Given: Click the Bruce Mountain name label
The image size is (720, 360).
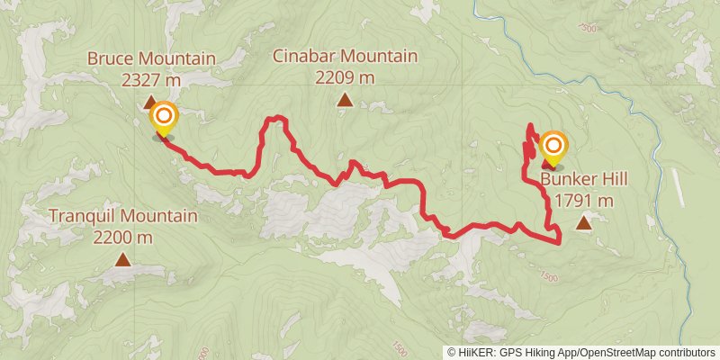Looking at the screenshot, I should (x=151, y=59).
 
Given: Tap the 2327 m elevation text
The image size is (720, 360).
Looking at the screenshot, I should (x=151, y=79).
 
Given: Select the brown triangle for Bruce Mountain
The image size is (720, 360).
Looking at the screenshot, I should (x=151, y=102).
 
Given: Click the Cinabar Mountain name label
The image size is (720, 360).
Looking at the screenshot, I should (x=346, y=57).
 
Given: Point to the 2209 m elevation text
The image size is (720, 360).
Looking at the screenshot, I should (x=346, y=77).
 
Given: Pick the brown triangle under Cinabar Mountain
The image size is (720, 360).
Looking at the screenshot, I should (x=345, y=100).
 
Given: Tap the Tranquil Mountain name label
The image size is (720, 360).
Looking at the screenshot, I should (x=122, y=217).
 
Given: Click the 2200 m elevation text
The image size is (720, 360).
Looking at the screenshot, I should (x=122, y=238).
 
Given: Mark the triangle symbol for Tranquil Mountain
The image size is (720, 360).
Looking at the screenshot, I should (x=122, y=260).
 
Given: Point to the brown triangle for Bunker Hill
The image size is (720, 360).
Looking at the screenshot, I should (x=584, y=222).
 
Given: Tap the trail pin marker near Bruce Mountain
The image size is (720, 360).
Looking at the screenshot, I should (x=163, y=118).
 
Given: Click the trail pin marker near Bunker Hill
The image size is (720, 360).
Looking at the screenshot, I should (x=553, y=147).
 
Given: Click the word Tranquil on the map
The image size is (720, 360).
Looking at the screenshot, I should (x=83, y=217).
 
